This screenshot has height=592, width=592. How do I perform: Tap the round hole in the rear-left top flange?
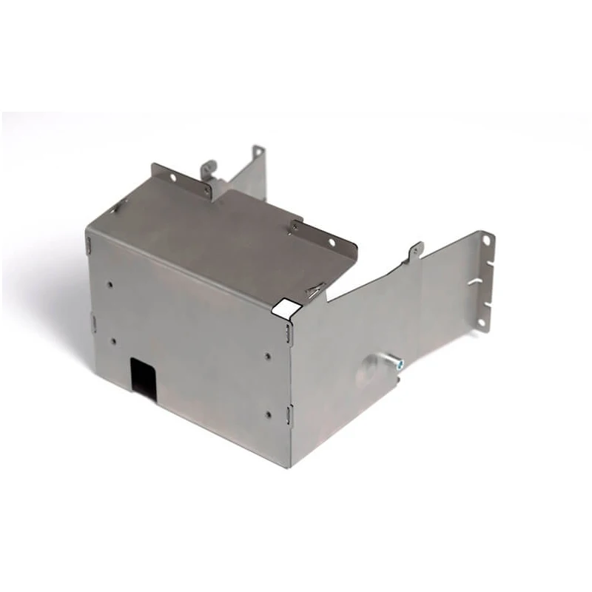click(172, 178)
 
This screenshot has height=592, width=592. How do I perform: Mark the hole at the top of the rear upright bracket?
click(256, 152)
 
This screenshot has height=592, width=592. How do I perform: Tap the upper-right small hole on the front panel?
click(267, 356)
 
